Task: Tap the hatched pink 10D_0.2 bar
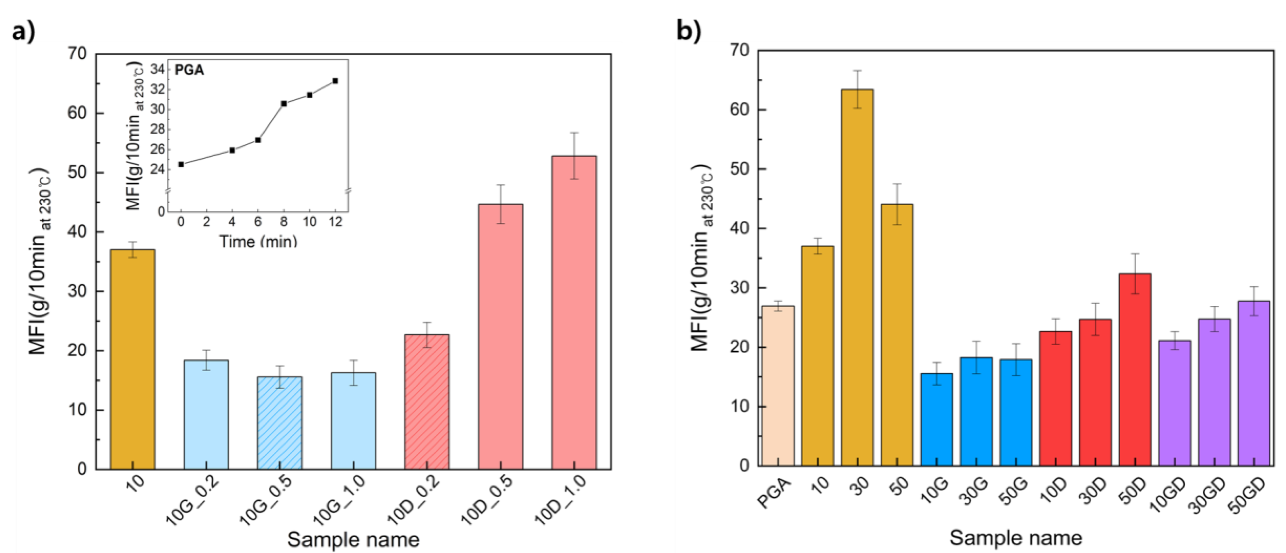(427, 401)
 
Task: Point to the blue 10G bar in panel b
(937, 419)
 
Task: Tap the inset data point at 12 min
(335, 81)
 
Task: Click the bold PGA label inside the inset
(189, 70)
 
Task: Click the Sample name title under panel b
(1015, 538)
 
